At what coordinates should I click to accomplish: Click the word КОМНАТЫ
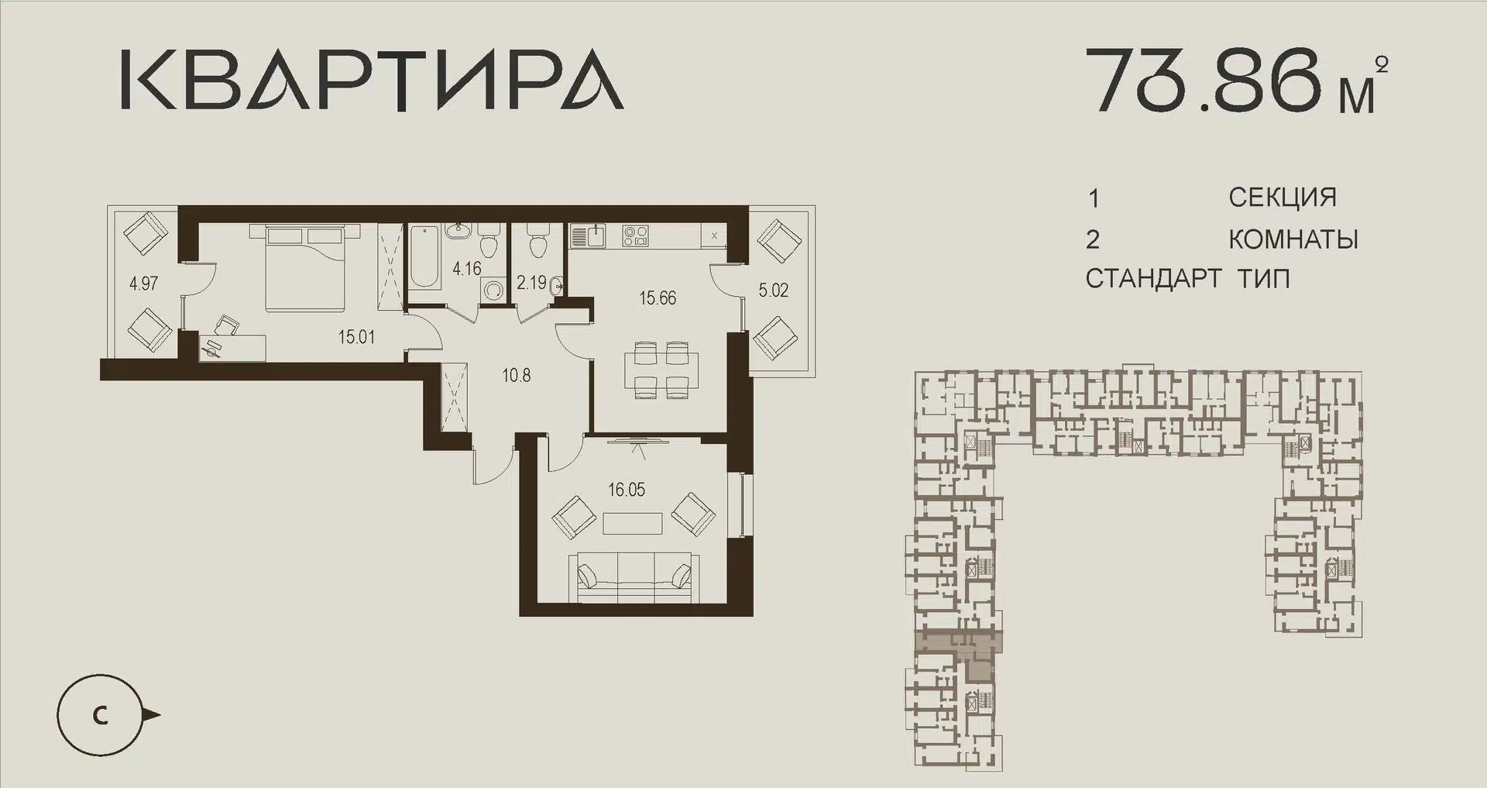pos(1293,239)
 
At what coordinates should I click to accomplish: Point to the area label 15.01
pos(356,337)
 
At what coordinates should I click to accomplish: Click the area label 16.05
pos(627,490)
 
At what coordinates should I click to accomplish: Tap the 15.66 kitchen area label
pos(658,298)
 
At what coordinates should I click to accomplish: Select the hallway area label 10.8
pos(517,376)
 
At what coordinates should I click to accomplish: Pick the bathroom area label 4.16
pos(467,269)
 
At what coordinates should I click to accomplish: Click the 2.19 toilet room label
pos(532,283)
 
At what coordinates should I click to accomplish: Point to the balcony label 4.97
pos(144,284)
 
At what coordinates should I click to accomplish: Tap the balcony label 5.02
pos(774,291)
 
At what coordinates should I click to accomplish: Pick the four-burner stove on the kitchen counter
pos(637,235)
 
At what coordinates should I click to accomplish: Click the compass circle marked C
pos(100,715)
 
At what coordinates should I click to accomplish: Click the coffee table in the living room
pos(633,523)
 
